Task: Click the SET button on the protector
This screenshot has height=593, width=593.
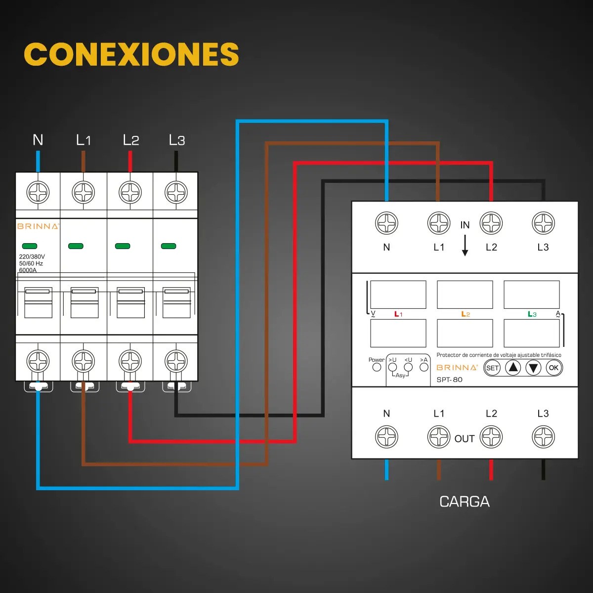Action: [492, 368]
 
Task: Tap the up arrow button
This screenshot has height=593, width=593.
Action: [512, 368]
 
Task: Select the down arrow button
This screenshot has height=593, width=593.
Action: [533, 368]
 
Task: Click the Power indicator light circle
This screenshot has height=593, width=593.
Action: [377, 367]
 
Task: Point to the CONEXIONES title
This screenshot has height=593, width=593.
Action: [131, 54]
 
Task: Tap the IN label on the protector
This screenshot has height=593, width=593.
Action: [465, 225]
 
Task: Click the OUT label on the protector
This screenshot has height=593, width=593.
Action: [465, 438]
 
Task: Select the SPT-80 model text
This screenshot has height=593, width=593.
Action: [449, 380]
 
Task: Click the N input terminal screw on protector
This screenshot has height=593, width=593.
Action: [386, 223]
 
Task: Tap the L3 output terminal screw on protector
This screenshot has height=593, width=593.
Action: [543, 437]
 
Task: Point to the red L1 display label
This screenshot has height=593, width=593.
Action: [398, 314]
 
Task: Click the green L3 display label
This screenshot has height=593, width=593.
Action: [532, 314]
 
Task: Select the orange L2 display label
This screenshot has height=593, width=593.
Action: [466, 314]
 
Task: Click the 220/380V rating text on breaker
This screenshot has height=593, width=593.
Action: [32, 256]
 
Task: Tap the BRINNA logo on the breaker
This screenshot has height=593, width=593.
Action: [38, 226]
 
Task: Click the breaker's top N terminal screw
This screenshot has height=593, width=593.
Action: [38, 192]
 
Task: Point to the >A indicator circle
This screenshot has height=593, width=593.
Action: [424, 367]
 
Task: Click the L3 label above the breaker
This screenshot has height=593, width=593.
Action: [177, 140]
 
